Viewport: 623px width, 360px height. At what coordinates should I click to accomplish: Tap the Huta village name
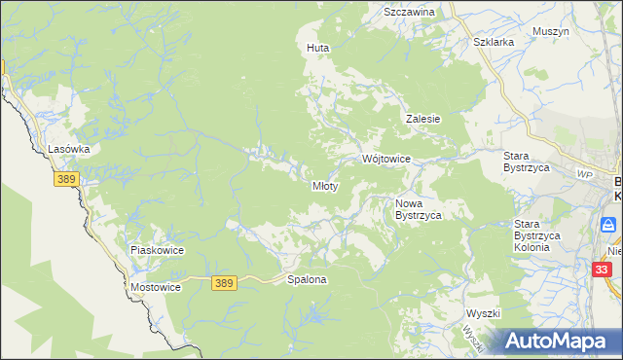coord(317,48)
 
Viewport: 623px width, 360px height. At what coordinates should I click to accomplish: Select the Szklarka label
coord(493,43)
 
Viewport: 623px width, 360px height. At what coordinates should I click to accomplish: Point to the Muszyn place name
coord(551,31)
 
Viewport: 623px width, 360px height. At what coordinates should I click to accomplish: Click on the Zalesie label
coord(423,119)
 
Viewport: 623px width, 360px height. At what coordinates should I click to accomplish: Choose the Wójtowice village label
coord(386,158)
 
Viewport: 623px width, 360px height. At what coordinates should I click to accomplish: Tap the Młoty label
coord(324,186)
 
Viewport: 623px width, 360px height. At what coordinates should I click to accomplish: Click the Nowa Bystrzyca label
coord(419,209)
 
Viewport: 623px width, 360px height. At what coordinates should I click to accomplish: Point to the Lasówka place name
coord(69,149)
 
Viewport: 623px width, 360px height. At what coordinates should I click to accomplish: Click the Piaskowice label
coord(158,250)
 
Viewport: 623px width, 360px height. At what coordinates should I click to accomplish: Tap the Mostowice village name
coord(156,289)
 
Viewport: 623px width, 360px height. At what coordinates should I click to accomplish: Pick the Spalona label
coord(307,279)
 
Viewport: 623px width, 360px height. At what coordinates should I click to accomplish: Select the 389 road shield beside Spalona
coord(224,282)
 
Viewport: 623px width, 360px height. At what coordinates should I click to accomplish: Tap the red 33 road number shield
coord(603,270)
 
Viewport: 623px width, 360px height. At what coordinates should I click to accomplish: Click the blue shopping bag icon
coord(608,226)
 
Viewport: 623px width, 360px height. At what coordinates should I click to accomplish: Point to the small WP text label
coord(584,174)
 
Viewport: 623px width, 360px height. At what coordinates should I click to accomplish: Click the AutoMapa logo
coord(560,341)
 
